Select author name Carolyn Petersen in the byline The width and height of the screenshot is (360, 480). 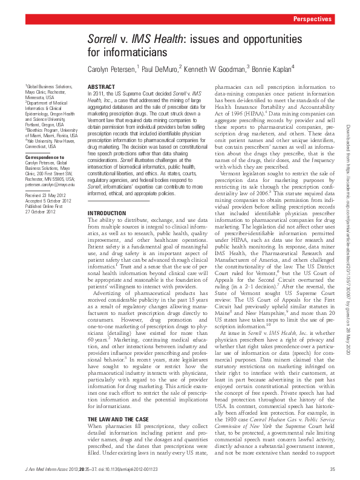[x=112, y=69]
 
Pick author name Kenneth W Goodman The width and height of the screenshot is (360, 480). [x=214, y=69]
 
